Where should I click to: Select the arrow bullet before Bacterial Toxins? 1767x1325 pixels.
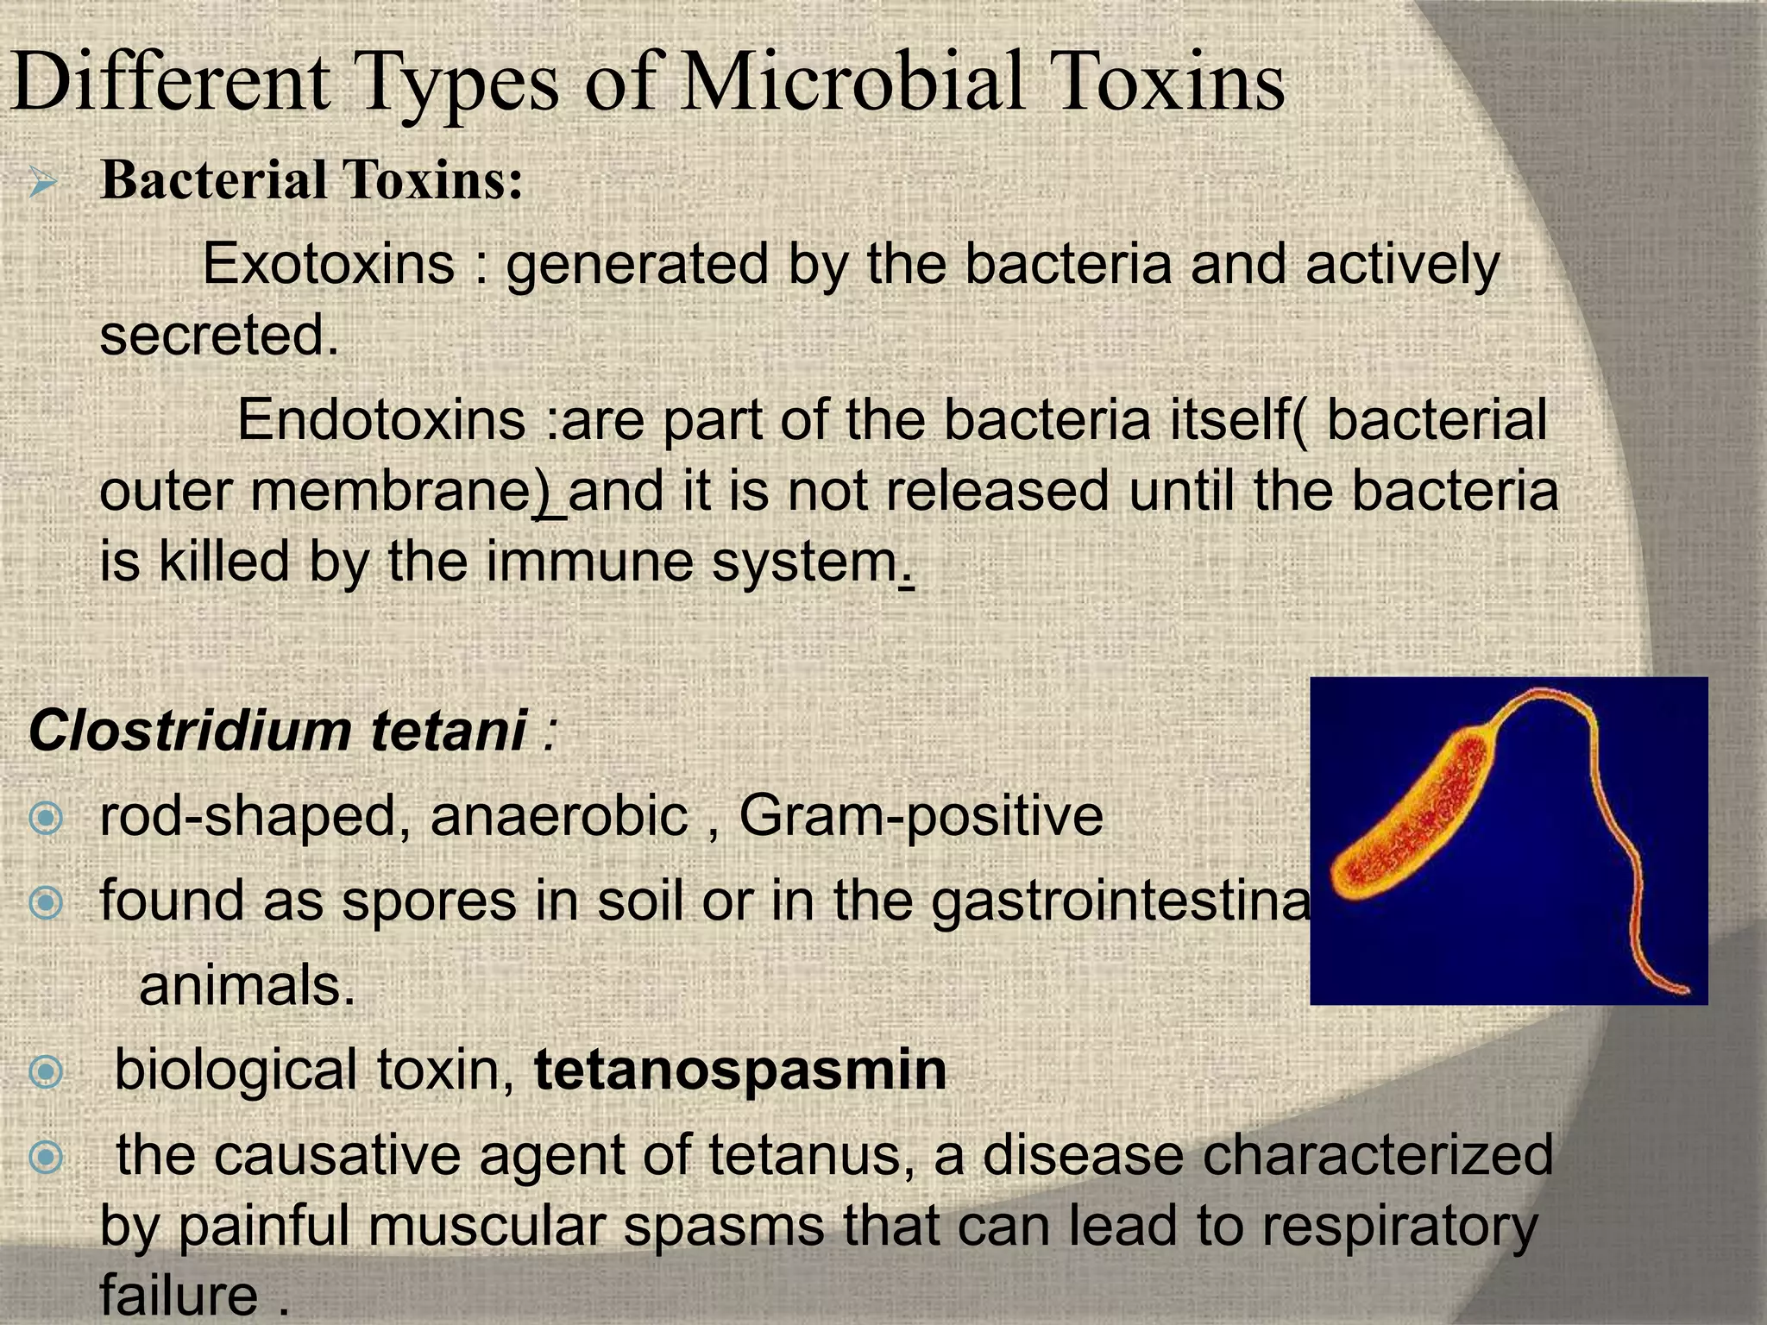[42, 183]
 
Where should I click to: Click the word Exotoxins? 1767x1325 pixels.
[328, 263]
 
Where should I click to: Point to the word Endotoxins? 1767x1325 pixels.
[381, 420]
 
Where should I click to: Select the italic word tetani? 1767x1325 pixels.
[449, 731]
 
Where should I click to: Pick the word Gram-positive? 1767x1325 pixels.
[921, 815]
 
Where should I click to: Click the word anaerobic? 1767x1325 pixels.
[559, 815]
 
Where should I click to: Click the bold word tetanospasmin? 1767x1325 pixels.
[740, 1070]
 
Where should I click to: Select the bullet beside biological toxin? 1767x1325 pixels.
[45, 1071]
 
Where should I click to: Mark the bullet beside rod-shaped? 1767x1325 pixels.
[45, 817]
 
